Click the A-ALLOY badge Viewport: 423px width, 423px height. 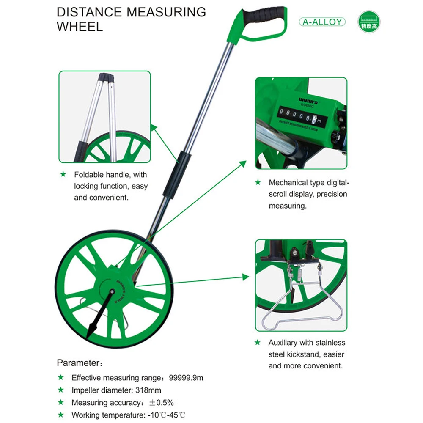point(322,22)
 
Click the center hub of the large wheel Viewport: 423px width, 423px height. point(112,291)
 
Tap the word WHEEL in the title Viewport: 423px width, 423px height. point(80,26)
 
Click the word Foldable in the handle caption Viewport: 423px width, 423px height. point(88,174)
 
